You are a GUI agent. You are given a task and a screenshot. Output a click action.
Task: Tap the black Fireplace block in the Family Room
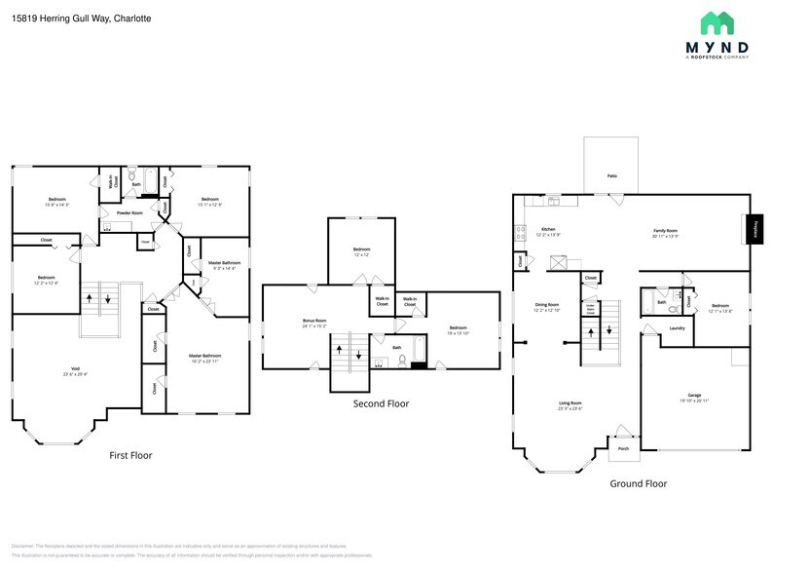(755, 229)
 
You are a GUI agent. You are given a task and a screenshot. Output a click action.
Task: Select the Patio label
(611, 175)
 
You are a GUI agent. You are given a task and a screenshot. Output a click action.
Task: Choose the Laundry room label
(676, 328)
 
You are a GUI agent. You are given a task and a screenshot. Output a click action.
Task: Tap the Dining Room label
(546, 305)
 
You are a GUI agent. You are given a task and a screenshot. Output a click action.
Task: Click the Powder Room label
(129, 212)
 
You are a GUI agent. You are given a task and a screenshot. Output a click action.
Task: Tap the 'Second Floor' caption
(381, 402)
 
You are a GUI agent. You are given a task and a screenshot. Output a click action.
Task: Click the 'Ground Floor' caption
(638, 483)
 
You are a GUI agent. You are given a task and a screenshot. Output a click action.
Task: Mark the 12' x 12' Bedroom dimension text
(360, 256)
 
